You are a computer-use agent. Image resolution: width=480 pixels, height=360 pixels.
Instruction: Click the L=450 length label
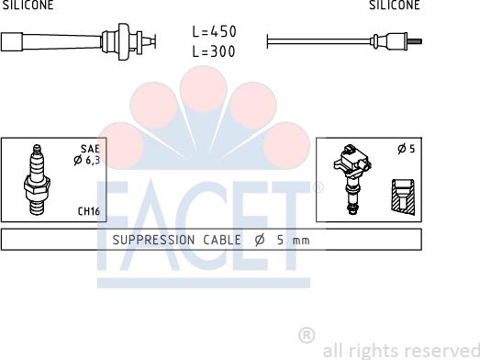214,31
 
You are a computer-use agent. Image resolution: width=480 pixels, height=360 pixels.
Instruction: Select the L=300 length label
214,51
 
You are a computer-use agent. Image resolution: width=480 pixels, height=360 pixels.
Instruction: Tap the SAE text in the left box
90,149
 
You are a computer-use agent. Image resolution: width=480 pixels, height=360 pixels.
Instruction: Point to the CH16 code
89,211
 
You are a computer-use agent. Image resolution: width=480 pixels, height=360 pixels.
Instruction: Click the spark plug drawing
37,179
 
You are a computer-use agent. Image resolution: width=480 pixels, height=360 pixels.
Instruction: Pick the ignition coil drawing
352,178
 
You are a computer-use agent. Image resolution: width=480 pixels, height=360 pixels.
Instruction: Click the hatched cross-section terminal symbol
403,197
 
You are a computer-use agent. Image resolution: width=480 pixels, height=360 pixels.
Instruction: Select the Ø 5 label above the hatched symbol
407,149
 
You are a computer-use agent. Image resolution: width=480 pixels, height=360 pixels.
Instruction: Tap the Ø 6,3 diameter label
87,160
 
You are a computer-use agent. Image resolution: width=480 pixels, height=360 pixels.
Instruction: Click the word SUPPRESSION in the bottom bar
153,240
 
